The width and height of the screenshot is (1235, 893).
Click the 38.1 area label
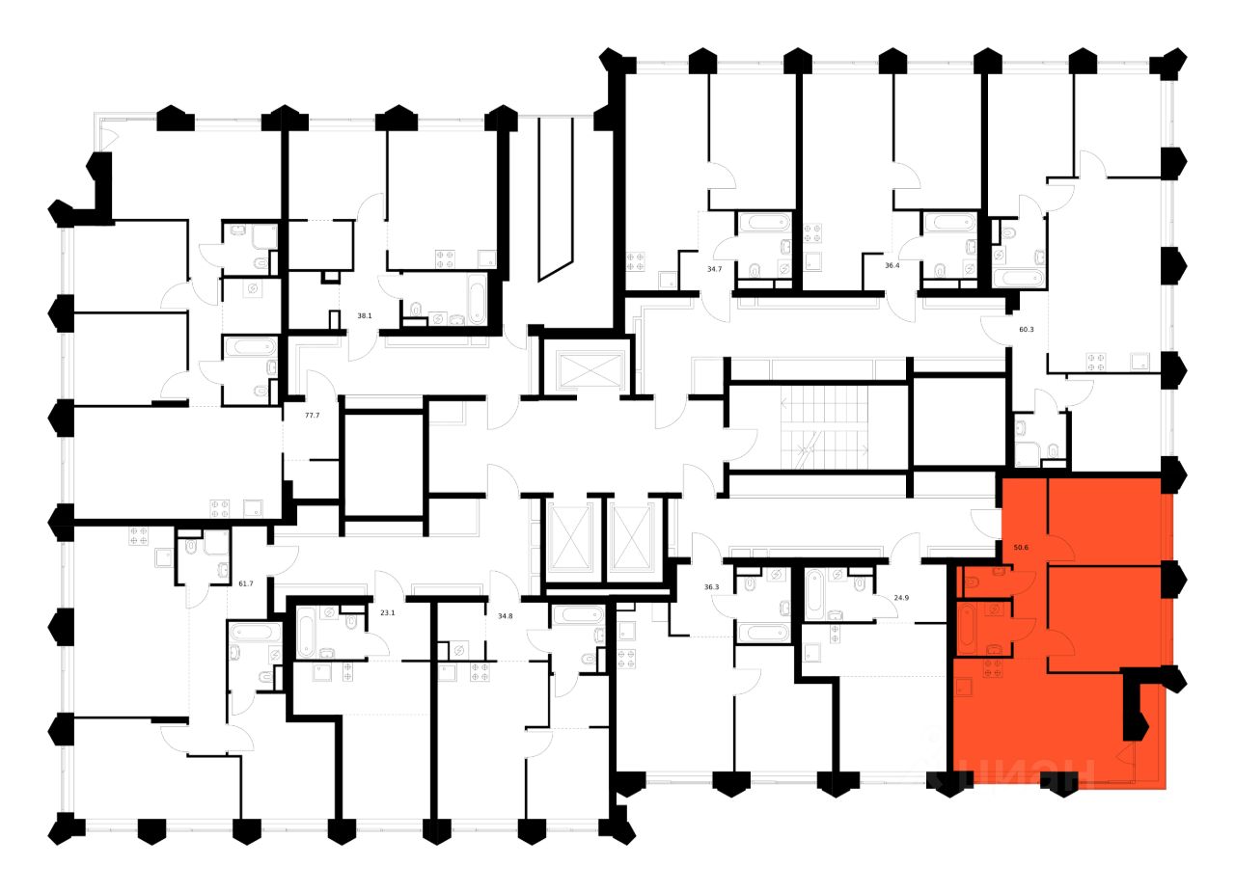(365, 315)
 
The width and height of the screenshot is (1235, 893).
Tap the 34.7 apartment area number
(714, 269)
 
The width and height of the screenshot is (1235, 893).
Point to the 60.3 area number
(1027, 329)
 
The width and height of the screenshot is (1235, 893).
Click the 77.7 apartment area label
(312, 415)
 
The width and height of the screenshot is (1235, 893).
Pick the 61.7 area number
(245, 582)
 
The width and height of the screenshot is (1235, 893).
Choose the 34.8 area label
(505, 614)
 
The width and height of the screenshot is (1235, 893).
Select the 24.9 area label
(902, 598)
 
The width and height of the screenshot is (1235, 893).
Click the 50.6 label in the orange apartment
(1021, 548)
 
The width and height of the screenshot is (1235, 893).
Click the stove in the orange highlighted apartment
(992, 668)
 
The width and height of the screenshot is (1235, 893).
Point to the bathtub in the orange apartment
(968, 629)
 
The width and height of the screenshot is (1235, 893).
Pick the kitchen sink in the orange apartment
(963, 687)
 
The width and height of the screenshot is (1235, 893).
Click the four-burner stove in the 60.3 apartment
(1097, 362)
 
